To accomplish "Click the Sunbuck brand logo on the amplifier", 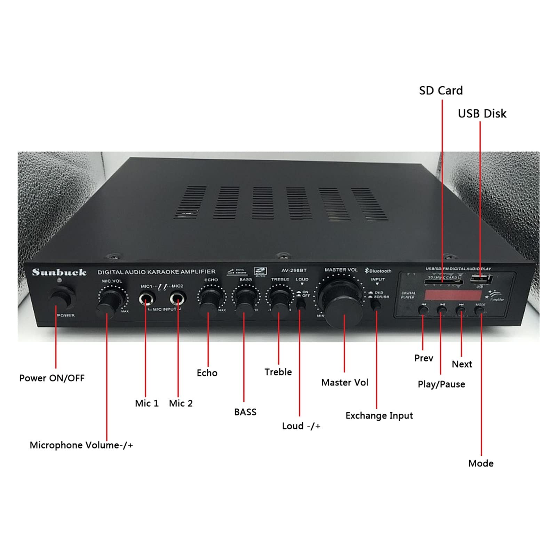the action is [59, 272].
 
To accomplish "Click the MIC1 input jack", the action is [147, 299].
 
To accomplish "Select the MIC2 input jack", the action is [178, 299].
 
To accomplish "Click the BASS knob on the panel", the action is [245, 300].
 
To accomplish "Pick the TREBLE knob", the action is [279, 299].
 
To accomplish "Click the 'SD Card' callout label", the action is [441, 90].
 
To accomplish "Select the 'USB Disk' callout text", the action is [482, 113].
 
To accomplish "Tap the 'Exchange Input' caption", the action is [379, 415].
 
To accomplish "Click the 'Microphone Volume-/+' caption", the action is [81, 445].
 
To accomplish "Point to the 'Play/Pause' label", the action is [441, 384].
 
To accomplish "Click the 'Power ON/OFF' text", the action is [52, 378].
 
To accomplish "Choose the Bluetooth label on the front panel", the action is [378, 271].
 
